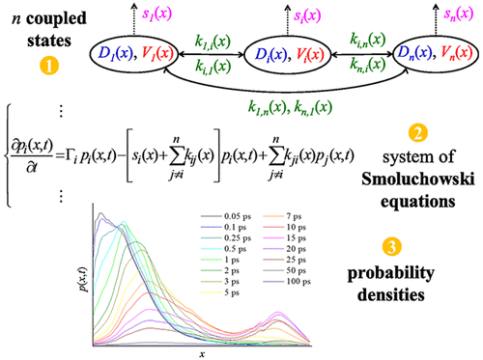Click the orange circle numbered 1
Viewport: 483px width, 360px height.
[x=43, y=69]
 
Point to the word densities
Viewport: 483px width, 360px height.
[x=420, y=286]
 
